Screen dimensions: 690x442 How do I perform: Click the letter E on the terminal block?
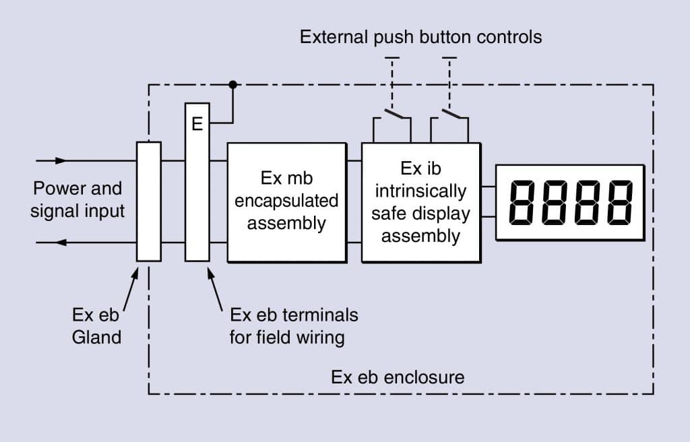(x=197, y=124)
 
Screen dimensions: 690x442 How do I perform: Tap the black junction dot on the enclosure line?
(x=232, y=84)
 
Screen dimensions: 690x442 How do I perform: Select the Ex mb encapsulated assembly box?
(x=287, y=203)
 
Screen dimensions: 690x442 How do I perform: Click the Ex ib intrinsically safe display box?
(x=421, y=203)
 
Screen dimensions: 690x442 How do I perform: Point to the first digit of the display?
(x=522, y=203)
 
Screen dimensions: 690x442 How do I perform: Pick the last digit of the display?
(x=620, y=203)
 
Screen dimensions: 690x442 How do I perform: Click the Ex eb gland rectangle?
(x=149, y=201)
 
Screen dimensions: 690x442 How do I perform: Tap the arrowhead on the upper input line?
(x=61, y=160)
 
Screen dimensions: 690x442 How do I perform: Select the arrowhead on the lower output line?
(x=61, y=242)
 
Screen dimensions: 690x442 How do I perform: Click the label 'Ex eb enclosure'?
(x=398, y=377)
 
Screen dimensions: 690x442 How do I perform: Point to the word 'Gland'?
(x=96, y=338)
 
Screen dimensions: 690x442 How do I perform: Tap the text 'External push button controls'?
(x=420, y=37)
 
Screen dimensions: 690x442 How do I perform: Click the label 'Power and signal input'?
(x=77, y=199)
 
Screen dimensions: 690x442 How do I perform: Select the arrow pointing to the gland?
(x=131, y=289)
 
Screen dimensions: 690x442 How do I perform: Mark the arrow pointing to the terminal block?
(x=215, y=289)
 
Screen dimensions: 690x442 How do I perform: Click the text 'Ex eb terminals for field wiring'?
(x=294, y=326)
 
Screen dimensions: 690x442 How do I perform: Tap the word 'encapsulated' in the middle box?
(x=286, y=201)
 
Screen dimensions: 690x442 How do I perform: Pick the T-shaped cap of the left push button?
(x=392, y=58)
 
